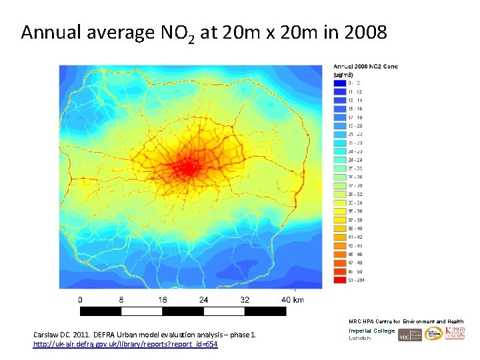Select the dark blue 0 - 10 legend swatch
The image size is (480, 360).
(338, 83)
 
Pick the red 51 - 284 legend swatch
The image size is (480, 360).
(338, 280)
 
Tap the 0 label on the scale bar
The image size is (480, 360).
(81, 300)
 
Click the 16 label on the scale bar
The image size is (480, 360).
(162, 300)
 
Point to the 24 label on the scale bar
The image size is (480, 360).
(203, 300)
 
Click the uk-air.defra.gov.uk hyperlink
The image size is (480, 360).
(125, 344)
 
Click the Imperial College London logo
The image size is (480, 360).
(371, 334)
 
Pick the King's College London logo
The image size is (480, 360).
(455, 333)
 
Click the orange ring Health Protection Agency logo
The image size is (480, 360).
(433, 334)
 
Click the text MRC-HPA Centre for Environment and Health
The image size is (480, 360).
(406, 321)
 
